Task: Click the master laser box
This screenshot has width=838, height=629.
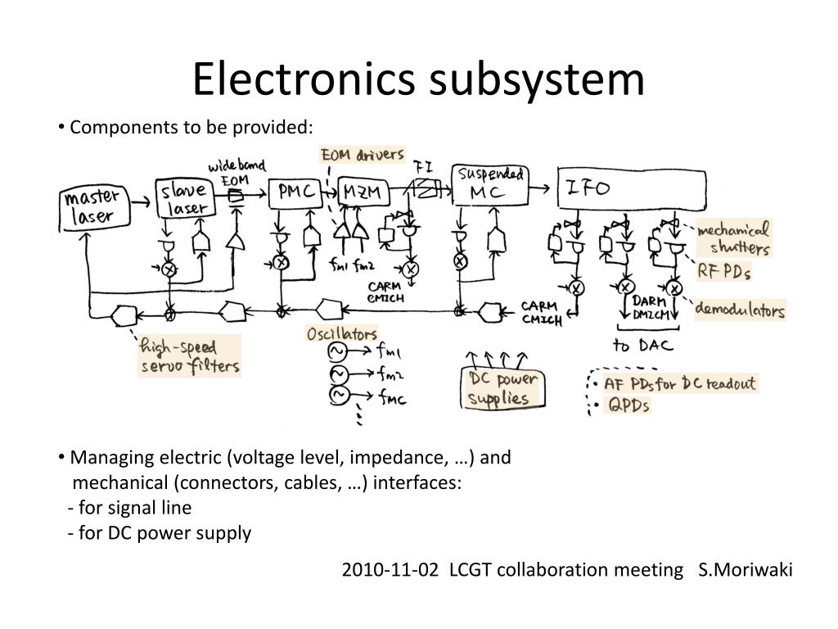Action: (x=94, y=208)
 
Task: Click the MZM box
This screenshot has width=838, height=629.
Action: (x=361, y=192)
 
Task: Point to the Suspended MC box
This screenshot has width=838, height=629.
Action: (x=489, y=186)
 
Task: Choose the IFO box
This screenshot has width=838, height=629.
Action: (x=631, y=189)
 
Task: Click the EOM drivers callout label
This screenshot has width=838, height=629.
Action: (x=362, y=155)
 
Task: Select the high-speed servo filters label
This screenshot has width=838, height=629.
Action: (x=190, y=355)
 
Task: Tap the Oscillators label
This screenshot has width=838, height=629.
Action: (x=342, y=333)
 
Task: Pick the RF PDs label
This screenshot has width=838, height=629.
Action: (x=724, y=271)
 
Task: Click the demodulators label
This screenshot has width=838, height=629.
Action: (x=740, y=310)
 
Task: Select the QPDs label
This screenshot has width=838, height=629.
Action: (x=627, y=405)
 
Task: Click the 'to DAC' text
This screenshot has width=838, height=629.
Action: (x=643, y=345)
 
